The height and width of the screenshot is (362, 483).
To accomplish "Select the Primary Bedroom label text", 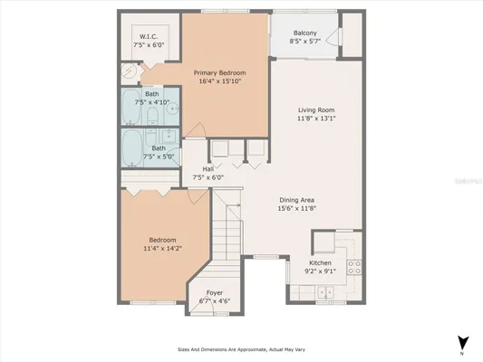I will point(219,72).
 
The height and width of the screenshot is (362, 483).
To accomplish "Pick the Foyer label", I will point(215,292).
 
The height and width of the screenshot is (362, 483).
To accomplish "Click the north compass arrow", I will point(463,342).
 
